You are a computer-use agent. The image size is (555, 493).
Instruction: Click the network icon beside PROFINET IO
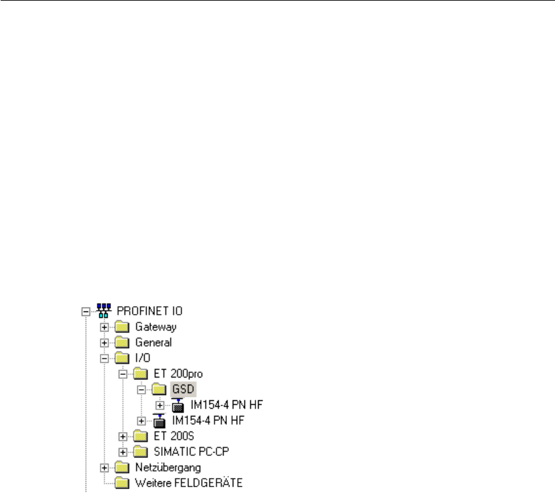pos(102,312)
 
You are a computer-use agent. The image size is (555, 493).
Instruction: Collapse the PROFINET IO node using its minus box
pos(85,312)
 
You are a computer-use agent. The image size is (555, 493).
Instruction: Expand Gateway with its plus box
pos(104,327)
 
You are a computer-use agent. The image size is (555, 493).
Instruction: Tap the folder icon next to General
pos(123,342)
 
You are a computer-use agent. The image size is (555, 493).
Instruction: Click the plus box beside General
pos(104,343)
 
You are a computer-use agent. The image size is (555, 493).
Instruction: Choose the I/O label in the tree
pos(144,358)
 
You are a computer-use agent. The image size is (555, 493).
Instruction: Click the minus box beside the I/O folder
pos(104,358)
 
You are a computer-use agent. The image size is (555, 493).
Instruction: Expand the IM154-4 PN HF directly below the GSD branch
pos(141,420)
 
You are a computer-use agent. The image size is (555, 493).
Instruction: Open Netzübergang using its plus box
pos(104,467)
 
